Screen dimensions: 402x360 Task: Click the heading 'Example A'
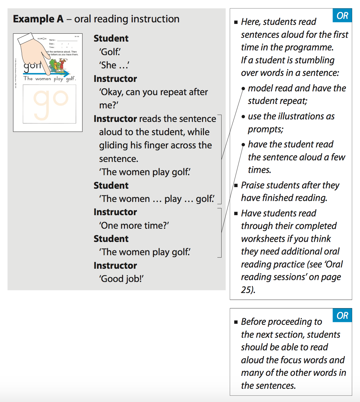(38, 19)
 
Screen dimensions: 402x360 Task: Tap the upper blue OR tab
(342, 15)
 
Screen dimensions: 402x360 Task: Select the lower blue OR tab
(342, 315)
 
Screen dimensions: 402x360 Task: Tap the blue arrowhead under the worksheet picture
(67, 74)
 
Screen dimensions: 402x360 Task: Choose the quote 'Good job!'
(121, 279)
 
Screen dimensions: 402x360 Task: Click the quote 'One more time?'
(134, 226)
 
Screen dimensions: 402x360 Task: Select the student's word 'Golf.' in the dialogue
(110, 52)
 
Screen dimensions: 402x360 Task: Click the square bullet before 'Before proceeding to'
(236, 322)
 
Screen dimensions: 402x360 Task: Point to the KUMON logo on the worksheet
(42, 39)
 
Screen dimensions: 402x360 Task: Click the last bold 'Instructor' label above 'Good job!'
(115, 266)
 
